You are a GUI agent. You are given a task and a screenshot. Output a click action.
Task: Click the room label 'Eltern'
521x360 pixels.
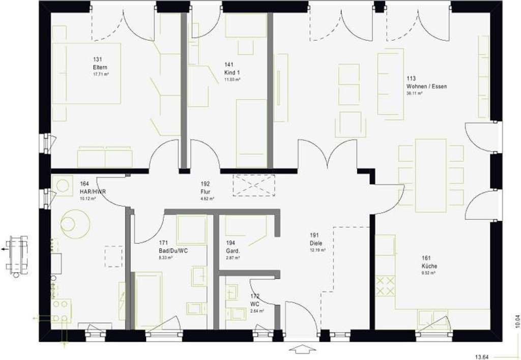tap(100, 67)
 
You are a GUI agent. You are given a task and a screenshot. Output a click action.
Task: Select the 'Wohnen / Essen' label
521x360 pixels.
tap(426, 86)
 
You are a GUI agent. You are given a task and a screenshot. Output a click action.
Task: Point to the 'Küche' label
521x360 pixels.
tap(429, 266)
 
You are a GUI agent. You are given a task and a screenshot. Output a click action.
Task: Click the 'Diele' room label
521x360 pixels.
tap(316, 243)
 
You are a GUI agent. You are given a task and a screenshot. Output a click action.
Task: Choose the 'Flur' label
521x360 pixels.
tap(206, 192)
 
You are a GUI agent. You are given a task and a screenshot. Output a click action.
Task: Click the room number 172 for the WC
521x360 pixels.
tap(254, 295)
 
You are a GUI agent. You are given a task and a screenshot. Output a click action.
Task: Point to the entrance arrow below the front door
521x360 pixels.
tap(302, 349)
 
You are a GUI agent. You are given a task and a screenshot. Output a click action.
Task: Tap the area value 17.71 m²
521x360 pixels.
tap(100, 74)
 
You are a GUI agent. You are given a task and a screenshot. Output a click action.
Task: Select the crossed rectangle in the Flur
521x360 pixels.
tap(253, 185)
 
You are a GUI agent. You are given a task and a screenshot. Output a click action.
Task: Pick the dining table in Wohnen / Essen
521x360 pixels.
tap(430, 175)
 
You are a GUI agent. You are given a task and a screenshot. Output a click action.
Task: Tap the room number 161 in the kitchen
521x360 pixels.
tap(426, 258)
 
